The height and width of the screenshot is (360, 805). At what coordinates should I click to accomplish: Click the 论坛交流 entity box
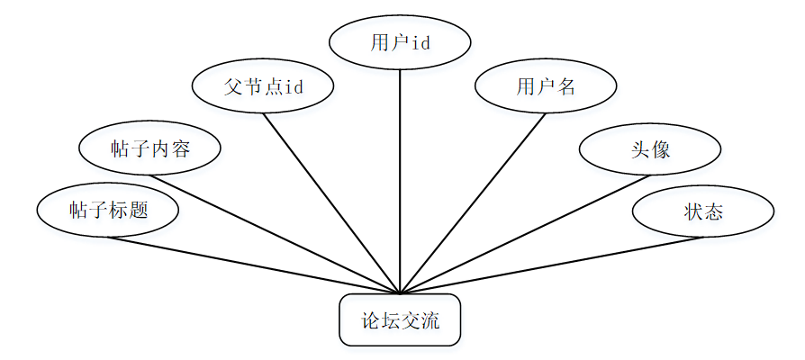tap(400, 319)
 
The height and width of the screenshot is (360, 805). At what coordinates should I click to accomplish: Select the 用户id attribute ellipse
tap(400, 42)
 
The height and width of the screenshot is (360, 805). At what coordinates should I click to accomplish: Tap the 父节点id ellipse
tap(263, 86)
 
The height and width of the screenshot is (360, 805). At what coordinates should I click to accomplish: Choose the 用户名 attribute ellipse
tap(546, 86)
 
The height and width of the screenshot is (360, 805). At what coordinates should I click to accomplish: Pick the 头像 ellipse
tap(649, 149)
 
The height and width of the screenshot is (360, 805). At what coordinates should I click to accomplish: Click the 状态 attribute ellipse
tap(703, 212)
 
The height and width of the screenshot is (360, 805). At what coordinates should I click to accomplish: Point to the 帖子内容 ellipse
tap(150, 148)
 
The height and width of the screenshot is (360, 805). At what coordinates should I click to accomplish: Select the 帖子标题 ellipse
tap(108, 211)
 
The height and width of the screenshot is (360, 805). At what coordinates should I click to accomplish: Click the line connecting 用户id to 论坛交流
tap(400, 180)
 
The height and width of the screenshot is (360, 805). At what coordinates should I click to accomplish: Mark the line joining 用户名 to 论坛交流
tap(473, 202)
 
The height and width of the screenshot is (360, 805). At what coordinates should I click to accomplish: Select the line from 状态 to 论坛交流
tap(549, 265)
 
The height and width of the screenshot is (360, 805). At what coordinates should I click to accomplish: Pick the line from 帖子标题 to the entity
tap(252, 265)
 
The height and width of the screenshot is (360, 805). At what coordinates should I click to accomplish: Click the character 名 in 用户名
tap(565, 86)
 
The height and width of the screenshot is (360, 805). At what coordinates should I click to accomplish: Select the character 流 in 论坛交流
tap(430, 319)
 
